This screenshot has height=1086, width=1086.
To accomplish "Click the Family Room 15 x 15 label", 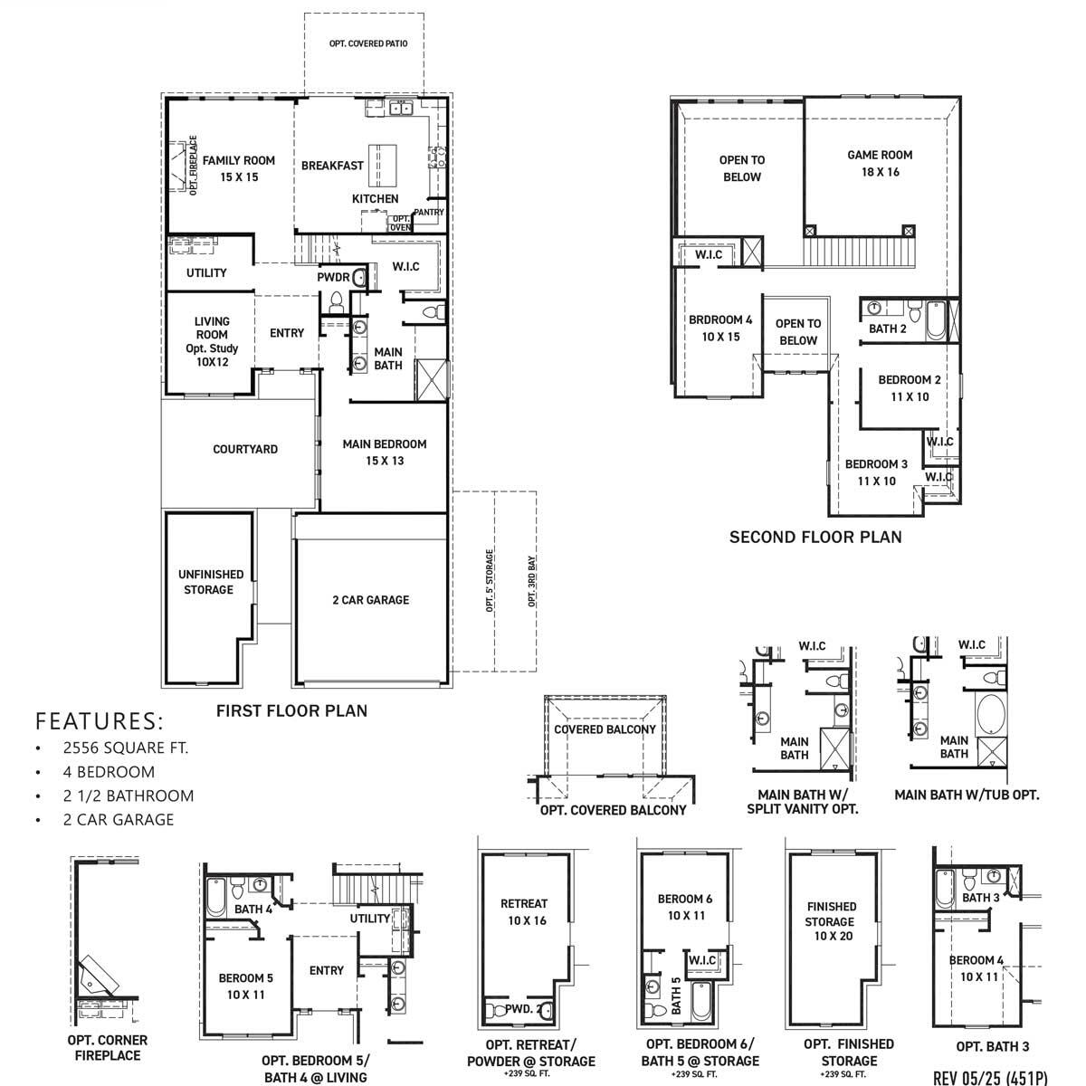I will click(x=238, y=169).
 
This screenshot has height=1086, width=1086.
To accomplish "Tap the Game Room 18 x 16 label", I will click(x=879, y=163).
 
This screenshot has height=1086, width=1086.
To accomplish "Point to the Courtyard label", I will click(x=245, y=449).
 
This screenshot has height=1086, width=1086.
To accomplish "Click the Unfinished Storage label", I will click(x=210, y=582).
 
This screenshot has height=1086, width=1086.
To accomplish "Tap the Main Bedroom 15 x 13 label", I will click(x=385, y=452).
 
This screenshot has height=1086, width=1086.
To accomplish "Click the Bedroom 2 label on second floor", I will click(x=903, y=388).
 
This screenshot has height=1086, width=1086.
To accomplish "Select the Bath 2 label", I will click(x=887, y=329).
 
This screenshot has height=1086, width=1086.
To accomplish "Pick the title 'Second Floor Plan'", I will click(x=815, y=538).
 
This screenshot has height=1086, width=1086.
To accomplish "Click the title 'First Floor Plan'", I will click(x=291, y=711).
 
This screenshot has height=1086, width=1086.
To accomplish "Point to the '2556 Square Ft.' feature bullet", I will click(x=126, y=748).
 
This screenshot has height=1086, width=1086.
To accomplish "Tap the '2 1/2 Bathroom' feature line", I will click(x=129, y=796).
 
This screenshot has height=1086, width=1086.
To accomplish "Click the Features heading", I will click(x=100, y=721).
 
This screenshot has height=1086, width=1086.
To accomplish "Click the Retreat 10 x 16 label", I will click(x=524, y=912).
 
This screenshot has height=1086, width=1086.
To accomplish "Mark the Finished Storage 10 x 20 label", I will click(x=831, y=921).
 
